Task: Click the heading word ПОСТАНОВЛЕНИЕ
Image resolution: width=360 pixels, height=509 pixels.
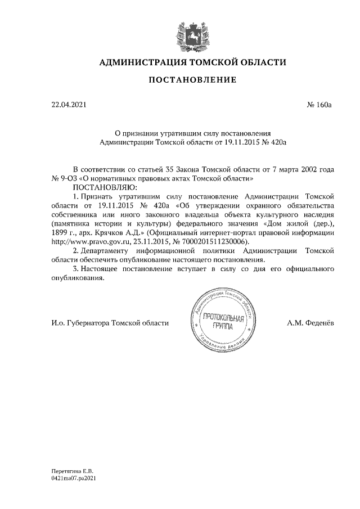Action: click(192, 80)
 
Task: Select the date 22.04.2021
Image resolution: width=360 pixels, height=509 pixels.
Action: click(67, 104)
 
